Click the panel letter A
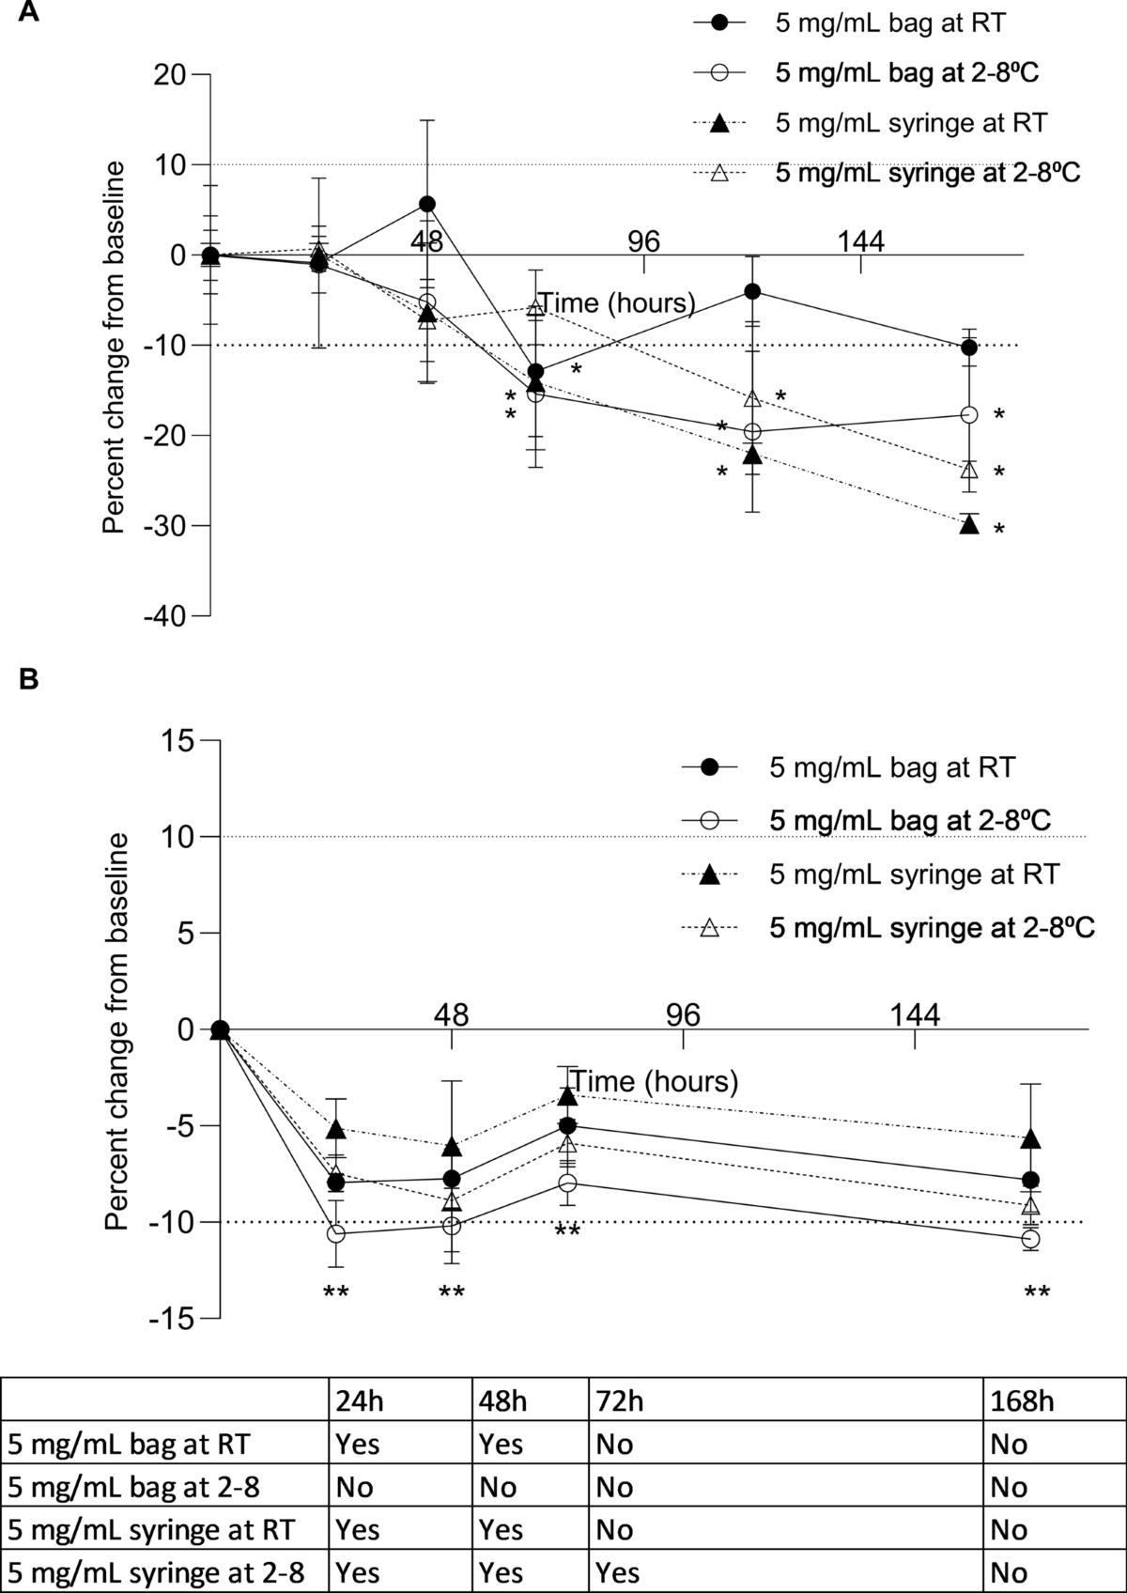[29, 13]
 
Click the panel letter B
[29, 679]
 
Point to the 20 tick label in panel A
[172, 74]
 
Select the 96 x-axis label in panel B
[684, 1014]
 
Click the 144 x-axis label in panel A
[861, 242]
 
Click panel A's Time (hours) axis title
[617, 302]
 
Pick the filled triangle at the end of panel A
[969, 525]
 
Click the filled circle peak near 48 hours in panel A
[427, 204]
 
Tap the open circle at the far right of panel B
[1030, 1239]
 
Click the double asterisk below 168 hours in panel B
[1037, 1292]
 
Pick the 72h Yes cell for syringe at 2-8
[617, 1572]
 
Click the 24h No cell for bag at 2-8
[354, 1487]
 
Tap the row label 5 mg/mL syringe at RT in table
[150, 1529]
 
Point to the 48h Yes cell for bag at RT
[501, 1444]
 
